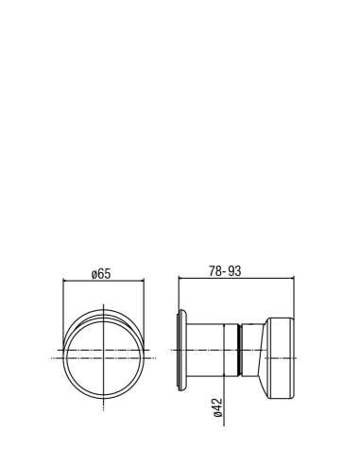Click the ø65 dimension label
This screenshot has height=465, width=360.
(x=101, y=274)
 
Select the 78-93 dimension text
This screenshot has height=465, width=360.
(x=225, y=271)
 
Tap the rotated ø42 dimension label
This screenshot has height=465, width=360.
(x=218, y=407)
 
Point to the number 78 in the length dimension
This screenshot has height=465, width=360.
(x=214, y=271)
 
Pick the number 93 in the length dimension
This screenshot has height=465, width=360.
(x=234, y=271)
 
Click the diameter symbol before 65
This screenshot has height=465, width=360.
(x=94, y=275)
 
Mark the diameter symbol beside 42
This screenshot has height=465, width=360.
(x=218, y=414)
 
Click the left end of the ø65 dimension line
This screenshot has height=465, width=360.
(x=63, y=280)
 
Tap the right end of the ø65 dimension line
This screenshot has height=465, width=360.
(x=144, y=280)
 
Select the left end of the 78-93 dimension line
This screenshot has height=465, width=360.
(x=179, y=278)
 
